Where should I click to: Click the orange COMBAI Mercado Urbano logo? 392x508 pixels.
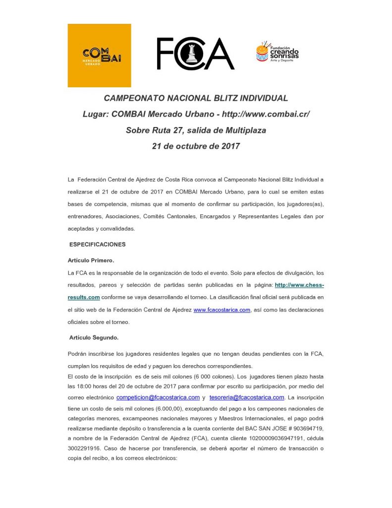[x=99, y=56]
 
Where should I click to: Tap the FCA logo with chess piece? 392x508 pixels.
[x=195, y=54]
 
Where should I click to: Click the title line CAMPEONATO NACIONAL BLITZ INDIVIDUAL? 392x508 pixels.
[x=196, y=98]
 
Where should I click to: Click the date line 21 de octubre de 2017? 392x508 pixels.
[x=196, y=146]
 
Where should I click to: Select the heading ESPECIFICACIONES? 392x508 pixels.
[x=97, y=245]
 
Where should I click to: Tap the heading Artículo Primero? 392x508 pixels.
[x=91, y=260]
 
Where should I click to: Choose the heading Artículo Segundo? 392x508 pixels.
[x=94, y=338]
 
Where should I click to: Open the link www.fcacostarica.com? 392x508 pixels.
[x=222, y=310]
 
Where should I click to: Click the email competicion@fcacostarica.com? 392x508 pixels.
[x=158, y=397]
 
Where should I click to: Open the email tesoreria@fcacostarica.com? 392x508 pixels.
[x=246, y=397]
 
